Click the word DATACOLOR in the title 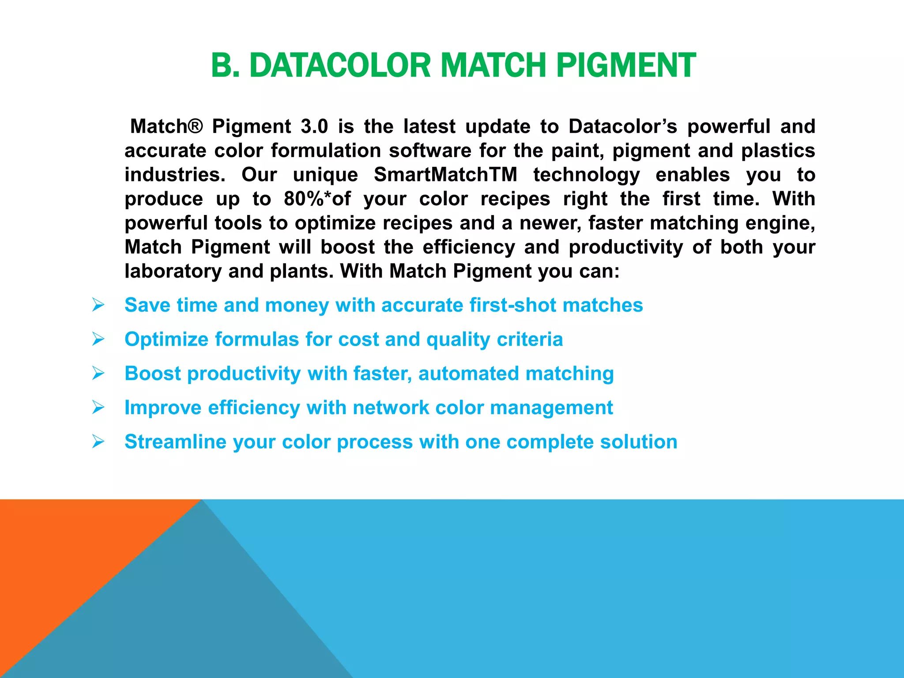pyautogui.click(x=339, y=65)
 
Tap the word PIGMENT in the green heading pyautogui.click(x=625, y=65)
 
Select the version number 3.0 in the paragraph pyautogui.click(x=314, y=127)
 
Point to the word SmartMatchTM pyautogui.click(x=445, y=175)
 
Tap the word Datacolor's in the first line pyautogui.click(x=622, y=127)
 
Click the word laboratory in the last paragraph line pyautogui.click(x=173, y=271)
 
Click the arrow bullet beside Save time pyautogui.click(x=98, y=305)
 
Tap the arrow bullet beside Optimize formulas pyautogui.click(x=98, y=339)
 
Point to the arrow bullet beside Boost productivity pyautogui.click(x=98, y=373)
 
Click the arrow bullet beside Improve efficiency pyautogui.click(x=98, y=407)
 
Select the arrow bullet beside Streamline pyautogui.click(x=98, y=441)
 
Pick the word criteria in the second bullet pyautogui.click(x=530, y=339)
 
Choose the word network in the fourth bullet pyautogui.click(x=391, y=407)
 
